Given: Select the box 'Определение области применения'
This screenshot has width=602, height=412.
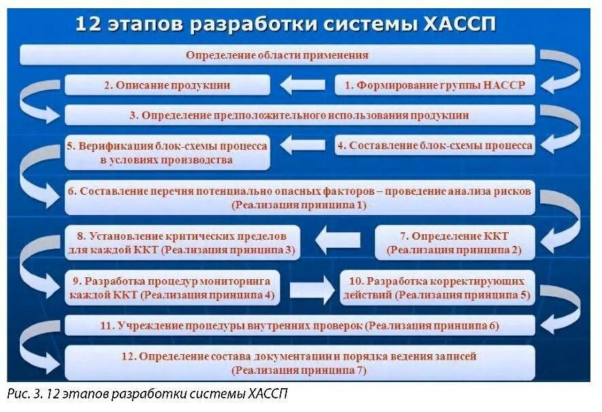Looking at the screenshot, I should [x=277, y=55].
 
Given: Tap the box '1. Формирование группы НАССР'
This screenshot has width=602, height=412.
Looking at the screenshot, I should [x=435, y=85].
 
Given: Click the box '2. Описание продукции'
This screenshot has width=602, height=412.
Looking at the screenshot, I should [x=167, y=85].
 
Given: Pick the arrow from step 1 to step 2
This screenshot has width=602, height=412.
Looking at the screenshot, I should [x=303, y=85].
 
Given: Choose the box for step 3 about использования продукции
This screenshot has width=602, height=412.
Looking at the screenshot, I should [x=299, y=115].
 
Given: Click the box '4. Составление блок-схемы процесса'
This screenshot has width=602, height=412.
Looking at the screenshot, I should [x=435, y=145].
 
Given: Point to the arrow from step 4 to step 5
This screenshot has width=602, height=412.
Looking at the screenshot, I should [x=303, y=145].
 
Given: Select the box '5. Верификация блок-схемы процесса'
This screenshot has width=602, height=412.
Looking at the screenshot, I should [x=167, y=153].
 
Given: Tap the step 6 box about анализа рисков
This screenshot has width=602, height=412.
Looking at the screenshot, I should [x=299, y=197].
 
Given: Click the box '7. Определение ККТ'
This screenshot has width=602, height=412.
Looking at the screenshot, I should [x=454, y=242].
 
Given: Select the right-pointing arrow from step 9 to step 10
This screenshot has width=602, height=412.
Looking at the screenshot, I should [x=312, y=288].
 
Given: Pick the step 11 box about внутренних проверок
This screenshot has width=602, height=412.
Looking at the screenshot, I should [x=299, y=326].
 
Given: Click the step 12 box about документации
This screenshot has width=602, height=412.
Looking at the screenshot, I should [x=299, y=363].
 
